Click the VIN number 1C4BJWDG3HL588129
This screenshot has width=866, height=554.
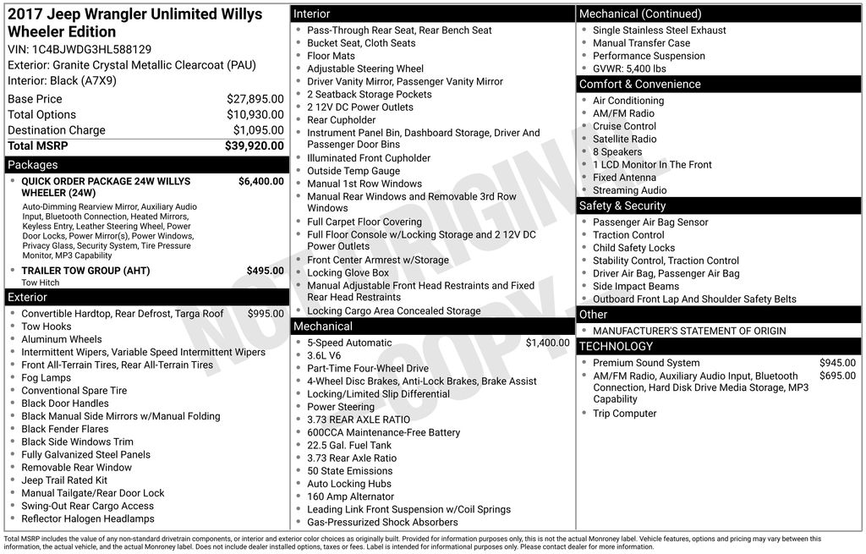[92, 49]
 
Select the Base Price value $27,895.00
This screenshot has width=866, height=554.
[255, 99]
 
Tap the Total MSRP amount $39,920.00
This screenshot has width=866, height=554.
[255, 145]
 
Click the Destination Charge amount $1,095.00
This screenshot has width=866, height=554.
[258, 130]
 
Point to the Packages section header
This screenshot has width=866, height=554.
[33, 165]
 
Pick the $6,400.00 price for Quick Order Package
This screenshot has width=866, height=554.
[260, 181]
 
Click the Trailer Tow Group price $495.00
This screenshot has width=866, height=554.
[265, 271]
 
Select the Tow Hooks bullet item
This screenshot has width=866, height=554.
[47, 326]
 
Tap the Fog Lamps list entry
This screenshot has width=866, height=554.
[47, 378]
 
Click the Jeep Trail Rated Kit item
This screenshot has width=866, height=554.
[64, 480]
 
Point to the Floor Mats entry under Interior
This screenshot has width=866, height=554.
[332, 56]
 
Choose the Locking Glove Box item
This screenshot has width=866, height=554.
[348, 273]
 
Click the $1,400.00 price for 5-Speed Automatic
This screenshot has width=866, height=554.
[547, 343]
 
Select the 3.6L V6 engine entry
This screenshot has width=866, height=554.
[324, 356]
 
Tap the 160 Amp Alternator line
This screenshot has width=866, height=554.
[350, 496]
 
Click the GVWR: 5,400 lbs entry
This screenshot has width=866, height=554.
[629, 69]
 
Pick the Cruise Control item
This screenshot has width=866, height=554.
[624, 126]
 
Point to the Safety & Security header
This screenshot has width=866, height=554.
[622, 206]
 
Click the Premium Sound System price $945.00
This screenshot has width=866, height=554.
[837, 363]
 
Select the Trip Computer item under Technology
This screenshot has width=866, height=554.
[625, 414]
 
